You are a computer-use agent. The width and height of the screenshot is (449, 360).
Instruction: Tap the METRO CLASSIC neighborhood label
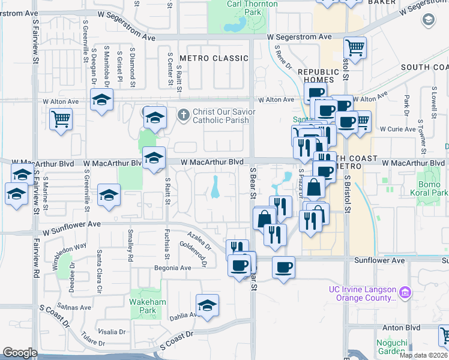(x=214, y=58)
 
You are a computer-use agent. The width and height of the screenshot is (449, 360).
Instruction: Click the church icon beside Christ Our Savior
(x=184, y=113)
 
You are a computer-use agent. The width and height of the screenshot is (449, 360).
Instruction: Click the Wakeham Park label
(x=143, y=306)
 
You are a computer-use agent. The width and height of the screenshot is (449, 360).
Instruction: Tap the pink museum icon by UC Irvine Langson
(x=405, y=292)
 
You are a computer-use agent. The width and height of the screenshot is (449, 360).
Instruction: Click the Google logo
(x=20, y=353)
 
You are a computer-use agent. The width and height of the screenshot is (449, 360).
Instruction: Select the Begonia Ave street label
(x=156, y=268)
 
